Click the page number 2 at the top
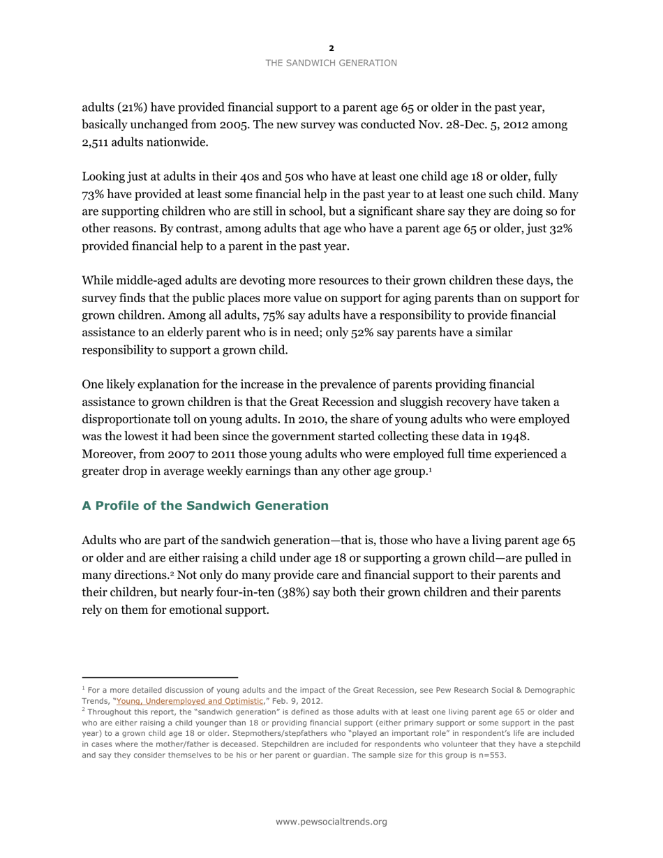click(x=331, y=48)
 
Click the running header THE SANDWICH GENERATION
click(x=331, y=63)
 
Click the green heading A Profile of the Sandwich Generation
click(x=205, y=506)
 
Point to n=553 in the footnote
click(x=490, y=754)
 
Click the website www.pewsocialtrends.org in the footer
click(x=331, y=822)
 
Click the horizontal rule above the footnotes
click(x=160, y=677)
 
